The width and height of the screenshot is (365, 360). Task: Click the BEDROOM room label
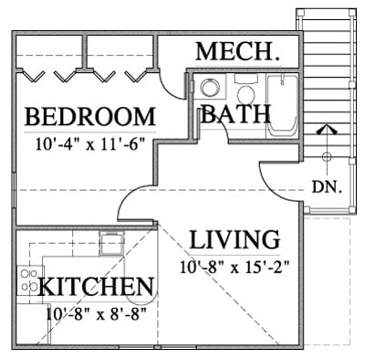click(90, 117)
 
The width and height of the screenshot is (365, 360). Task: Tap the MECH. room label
click(238, 51)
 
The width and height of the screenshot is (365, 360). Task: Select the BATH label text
click(235, 114)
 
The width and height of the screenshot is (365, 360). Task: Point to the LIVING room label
click(235, 239)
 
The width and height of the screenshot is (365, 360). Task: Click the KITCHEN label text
click(96, 287)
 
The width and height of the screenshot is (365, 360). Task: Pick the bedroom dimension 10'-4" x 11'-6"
click(89, 144)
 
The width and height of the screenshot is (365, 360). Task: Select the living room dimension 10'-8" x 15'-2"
click(235, 268)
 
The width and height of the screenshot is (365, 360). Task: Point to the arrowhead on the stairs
click(327, 130)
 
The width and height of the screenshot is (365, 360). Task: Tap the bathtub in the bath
click(282, 106)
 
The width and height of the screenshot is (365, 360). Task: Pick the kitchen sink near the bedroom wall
click(112, 243)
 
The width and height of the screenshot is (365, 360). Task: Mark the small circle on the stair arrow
click(327, 157)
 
